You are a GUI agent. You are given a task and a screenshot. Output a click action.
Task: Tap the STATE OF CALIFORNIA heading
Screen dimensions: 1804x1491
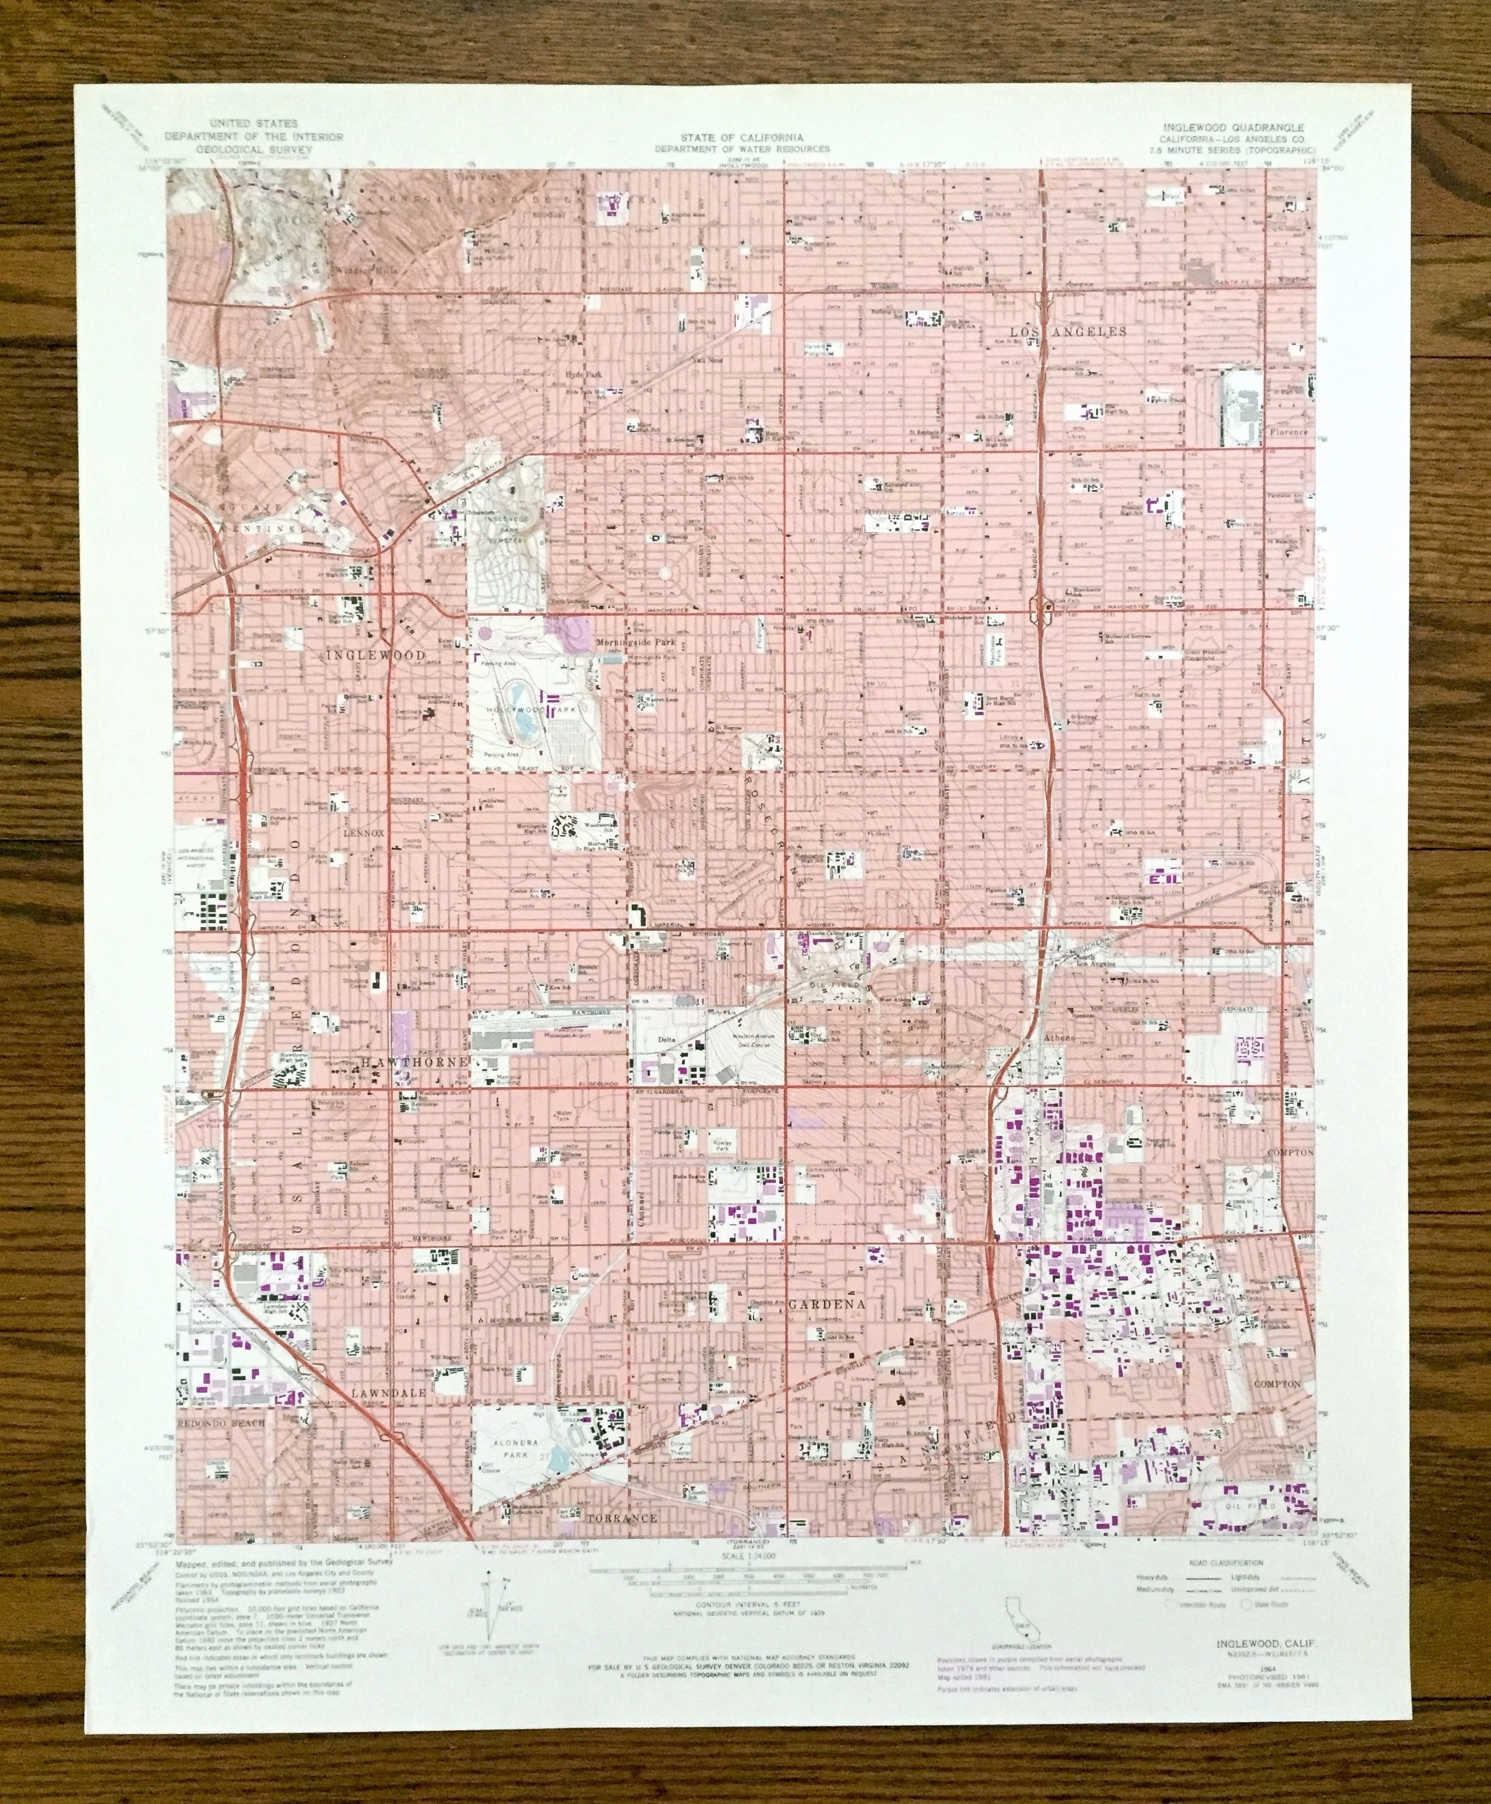click(742, 138)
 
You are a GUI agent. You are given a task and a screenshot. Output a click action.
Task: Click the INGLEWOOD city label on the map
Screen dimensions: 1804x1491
click(376, 654)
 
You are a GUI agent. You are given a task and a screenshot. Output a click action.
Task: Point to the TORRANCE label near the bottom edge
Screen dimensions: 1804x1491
click(622, 1518)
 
